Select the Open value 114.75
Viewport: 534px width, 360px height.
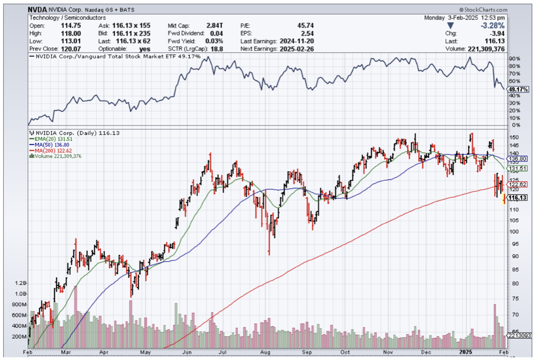pyautogui.click(x=67, y=26)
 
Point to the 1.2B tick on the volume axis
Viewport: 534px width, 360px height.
pyautogui.click(x=21, y=283)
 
